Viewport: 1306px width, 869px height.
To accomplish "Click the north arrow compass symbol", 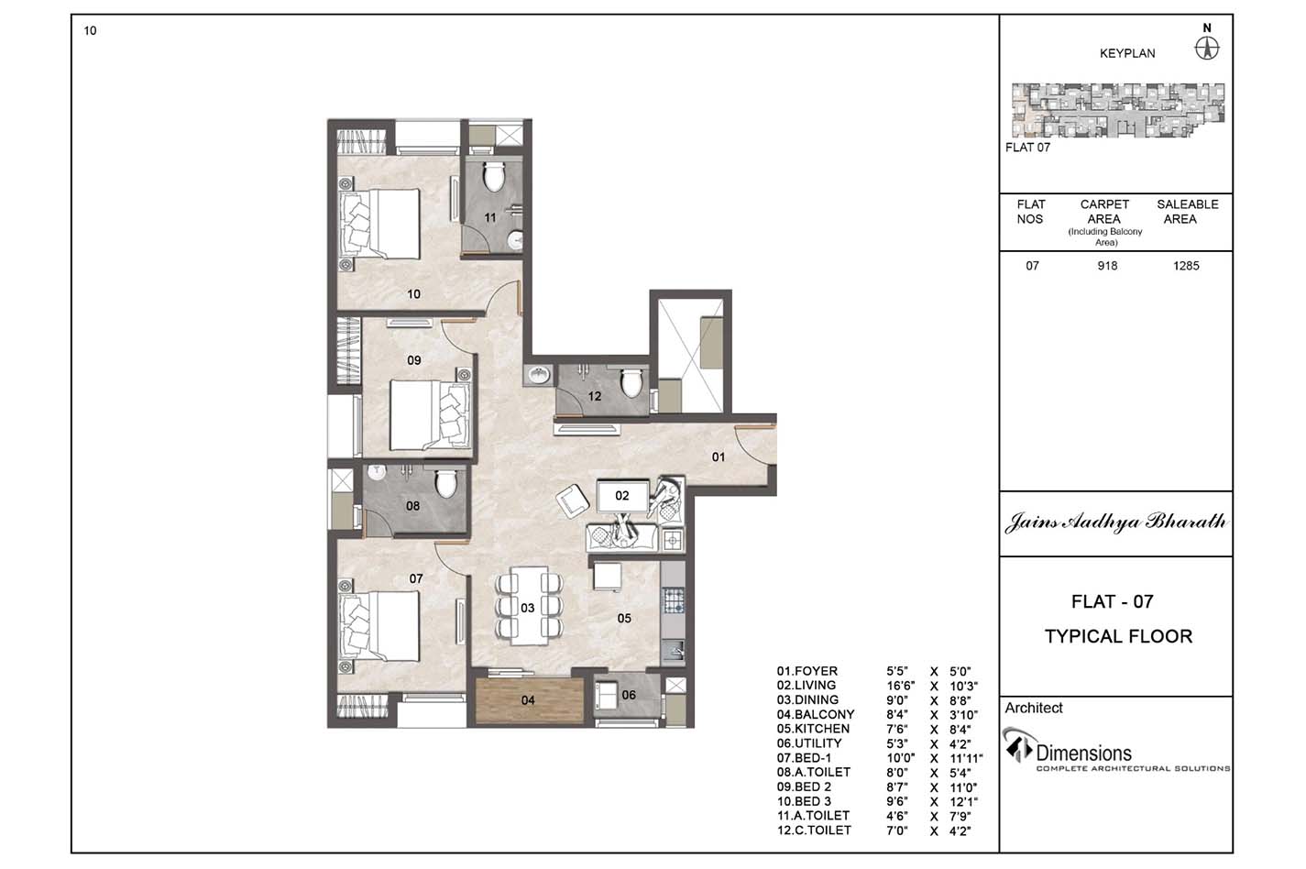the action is coord(1207,49).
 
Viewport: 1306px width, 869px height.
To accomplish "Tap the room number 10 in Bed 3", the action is coord(413,294).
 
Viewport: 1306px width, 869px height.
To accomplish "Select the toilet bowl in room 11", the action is coord(494,177).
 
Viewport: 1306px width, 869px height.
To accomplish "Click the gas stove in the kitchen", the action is coord(674,600).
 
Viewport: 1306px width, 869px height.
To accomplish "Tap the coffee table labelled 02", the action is coord(622,496).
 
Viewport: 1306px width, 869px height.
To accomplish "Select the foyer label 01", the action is coord(719,457).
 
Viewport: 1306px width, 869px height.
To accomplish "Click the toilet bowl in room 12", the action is coord(631,382).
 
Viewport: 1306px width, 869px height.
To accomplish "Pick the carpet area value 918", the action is coord(1107,266).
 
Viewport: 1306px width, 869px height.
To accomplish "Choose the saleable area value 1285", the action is coord(1186,266).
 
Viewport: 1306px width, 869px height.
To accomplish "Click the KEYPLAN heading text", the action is coord(1127,54).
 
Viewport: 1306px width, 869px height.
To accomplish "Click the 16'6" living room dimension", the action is coord(901,686).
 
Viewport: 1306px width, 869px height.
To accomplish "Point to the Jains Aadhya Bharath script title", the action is coord(1115,522).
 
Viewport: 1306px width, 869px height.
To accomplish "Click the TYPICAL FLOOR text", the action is coord(1118,636).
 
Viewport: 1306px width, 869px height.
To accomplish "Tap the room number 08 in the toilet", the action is coord(412,506).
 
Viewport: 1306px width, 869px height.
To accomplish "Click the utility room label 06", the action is coord(629,695).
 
